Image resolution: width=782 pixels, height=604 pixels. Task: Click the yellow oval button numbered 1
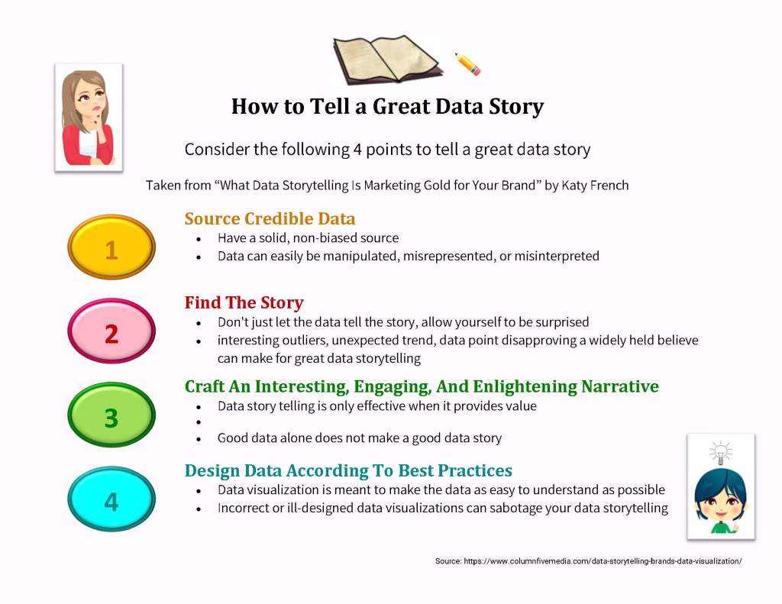111,247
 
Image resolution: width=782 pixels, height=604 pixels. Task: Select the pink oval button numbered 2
111,331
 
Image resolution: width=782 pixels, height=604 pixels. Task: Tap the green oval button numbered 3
111,415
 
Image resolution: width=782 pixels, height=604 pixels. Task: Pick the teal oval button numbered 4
111,499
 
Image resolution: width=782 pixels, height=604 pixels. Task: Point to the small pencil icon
467,64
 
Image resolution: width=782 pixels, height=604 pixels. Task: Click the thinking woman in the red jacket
89,118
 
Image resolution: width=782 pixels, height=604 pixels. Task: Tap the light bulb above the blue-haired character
721,453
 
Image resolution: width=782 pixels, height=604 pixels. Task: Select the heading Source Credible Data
270,218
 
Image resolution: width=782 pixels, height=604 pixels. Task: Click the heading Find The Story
244,302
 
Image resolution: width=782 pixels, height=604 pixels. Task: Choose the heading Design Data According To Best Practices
348,470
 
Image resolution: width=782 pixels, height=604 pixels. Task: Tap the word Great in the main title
401,106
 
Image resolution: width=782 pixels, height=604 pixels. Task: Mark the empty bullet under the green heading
199,422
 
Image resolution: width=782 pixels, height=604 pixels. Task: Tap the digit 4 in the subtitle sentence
357,149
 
